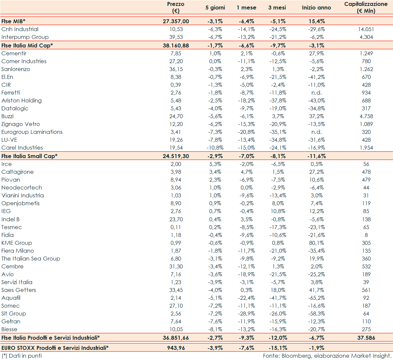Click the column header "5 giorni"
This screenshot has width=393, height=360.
215,8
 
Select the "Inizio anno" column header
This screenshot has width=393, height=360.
316,8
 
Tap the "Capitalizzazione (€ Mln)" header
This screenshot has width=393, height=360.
366,8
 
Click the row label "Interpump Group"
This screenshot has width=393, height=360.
25,37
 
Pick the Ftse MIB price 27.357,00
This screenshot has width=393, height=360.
176,21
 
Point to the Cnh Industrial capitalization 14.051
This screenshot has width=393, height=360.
366,29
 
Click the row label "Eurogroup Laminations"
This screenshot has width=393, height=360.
32,132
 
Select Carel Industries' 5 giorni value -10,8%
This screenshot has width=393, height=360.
215,148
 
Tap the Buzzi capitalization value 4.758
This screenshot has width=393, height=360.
366,116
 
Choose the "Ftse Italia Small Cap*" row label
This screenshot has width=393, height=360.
29,156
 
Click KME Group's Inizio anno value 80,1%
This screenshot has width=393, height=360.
316,243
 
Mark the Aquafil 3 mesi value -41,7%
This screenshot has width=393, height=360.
278,298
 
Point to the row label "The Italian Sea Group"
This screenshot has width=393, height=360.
31,259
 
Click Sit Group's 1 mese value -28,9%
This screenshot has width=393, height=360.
246,314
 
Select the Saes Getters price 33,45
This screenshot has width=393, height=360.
176,290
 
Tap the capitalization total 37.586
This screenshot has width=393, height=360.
366,338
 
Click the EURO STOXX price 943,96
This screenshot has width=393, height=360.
176,348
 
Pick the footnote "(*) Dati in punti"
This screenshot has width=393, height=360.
22,356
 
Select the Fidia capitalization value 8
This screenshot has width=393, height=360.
366,235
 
